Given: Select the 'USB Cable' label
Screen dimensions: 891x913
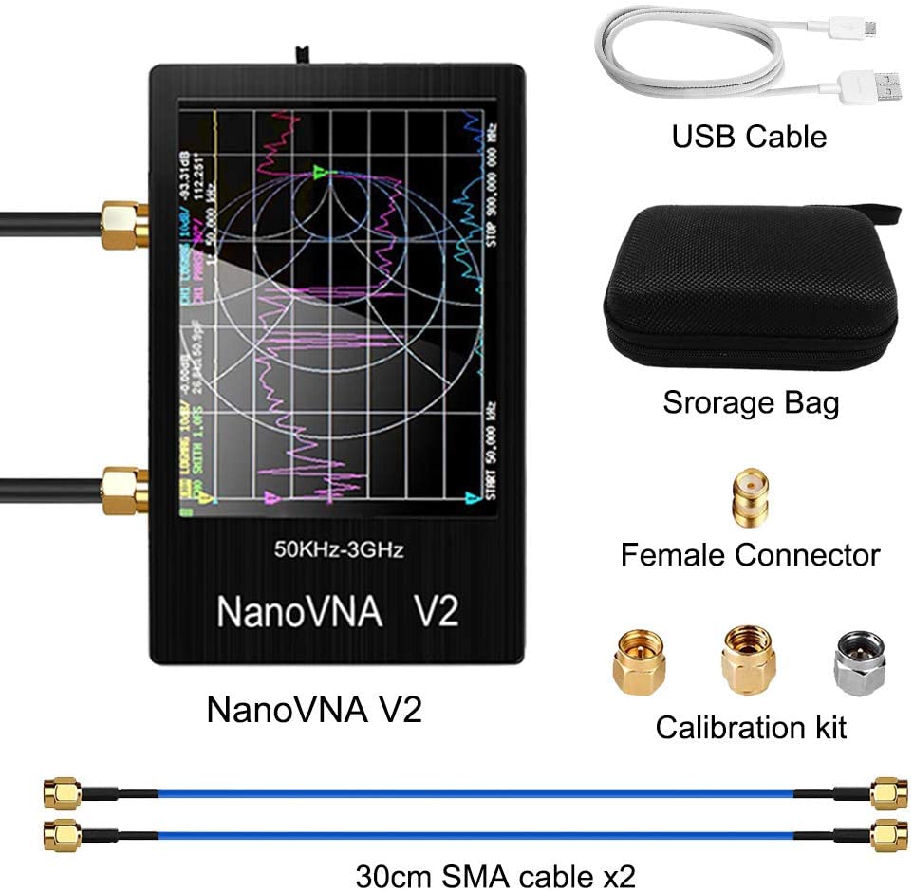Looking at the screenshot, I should (x=749, y=136).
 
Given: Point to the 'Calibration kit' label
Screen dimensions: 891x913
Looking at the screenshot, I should (x=751, y=728).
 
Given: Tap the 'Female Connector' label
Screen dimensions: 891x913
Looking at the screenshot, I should (x=750, y=554).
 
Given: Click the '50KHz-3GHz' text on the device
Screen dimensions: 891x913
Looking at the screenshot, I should (x=338, y=548).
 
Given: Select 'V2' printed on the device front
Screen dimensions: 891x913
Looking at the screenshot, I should (x=436, y=611).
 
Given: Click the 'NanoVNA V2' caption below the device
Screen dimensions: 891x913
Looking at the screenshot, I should (x=314, y=709).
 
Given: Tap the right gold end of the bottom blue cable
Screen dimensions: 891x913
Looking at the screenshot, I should (x=888, y=834).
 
